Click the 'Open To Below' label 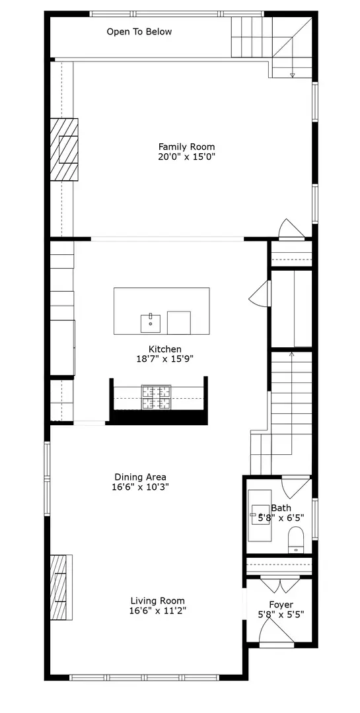tap(139, 32)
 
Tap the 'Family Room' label tap(186, 147)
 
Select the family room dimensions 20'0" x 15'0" tap(186, 157)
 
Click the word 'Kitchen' tap(164, 349)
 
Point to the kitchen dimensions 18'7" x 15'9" tap(164, 359)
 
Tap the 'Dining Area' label tap(140, 477)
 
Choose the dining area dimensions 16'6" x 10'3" tap(140, 487)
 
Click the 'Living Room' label tap(157, 601)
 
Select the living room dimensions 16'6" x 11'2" tap(157, 611)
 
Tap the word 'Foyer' tap(281, 605)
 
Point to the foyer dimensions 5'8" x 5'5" tap(281, 615)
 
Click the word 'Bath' tap(281, 508)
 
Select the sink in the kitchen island tap(151, 323)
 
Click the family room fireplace tap(65, 149)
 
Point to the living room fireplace tap(61, 588)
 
